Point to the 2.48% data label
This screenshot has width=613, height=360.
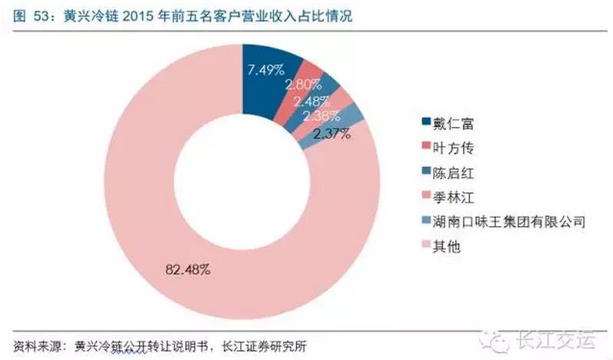pos(311,101)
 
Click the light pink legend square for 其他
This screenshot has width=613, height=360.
pos(426,248)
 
